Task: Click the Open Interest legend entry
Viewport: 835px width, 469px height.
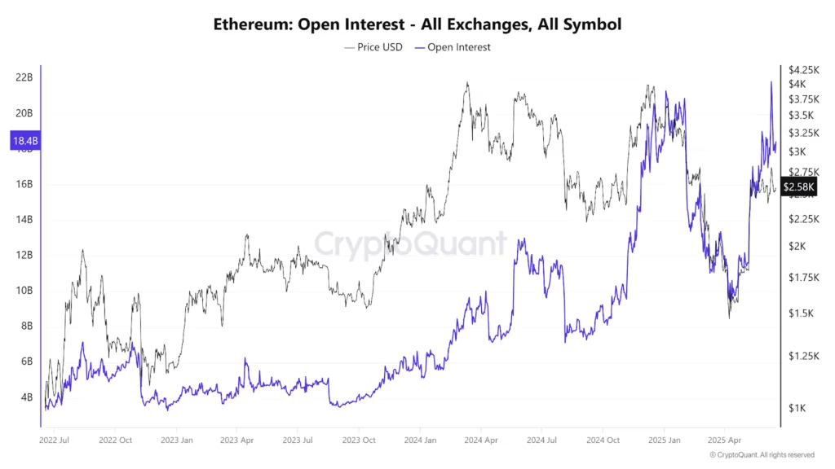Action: [x=453, y=47]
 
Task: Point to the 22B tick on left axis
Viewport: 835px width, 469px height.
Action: [x=24, y=78]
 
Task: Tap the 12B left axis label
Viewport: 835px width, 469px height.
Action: [x=24, y=255]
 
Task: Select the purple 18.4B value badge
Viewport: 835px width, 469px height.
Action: [x=24, y=142]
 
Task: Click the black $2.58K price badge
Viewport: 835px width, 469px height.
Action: [x=797, y=187]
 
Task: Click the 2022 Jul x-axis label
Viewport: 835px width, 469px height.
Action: [x=55, y=441]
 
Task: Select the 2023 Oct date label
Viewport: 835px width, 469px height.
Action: [x=360, y=441]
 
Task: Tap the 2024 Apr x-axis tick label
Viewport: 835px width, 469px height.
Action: [x=481, y=441]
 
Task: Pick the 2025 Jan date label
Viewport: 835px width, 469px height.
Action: [x=664, y=441]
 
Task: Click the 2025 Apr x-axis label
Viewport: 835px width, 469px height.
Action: [x=724, y=441]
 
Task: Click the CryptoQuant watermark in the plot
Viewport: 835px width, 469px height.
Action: [x=410, y=243]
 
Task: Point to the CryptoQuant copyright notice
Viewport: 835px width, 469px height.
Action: [x=761, y=455]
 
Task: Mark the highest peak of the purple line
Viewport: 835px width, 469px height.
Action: [x=771, y=82]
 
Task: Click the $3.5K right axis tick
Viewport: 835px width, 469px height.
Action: [x=798, y=116]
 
